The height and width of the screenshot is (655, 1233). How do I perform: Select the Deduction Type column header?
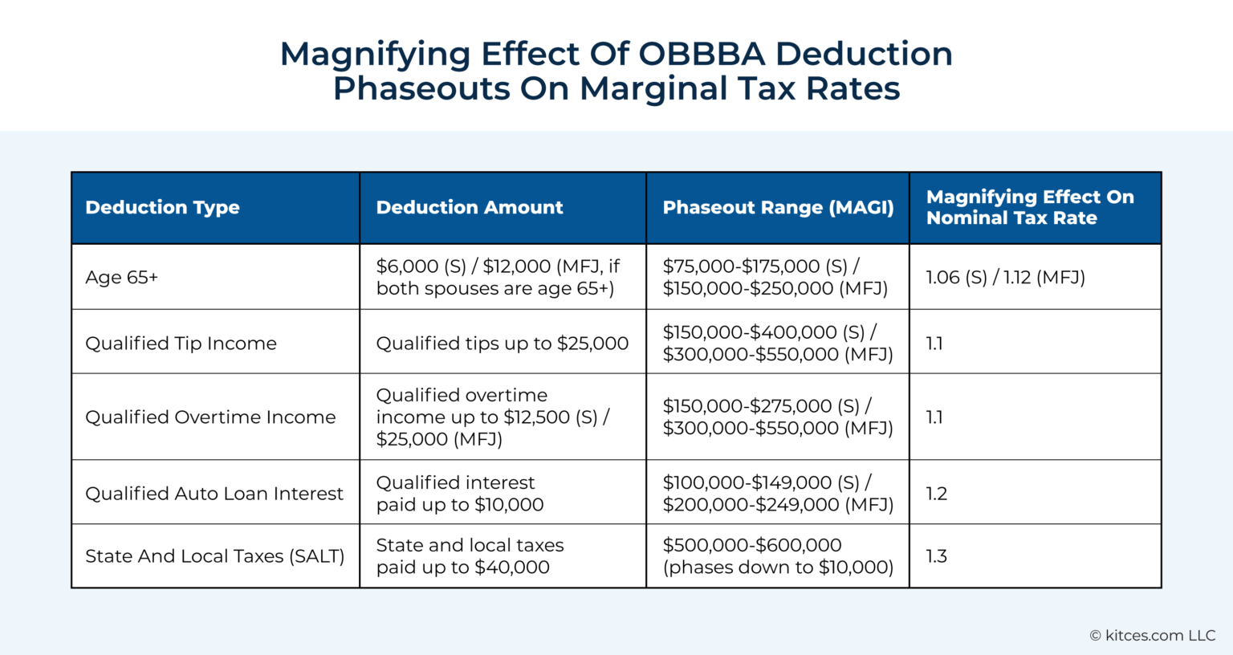(x=162, y=207)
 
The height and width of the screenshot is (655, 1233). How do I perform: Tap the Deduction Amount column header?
(x=470, y=207)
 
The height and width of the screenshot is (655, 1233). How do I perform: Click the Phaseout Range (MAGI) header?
(x=778, y=207)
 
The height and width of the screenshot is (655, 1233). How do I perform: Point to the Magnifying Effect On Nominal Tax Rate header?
(x=1030, y=207)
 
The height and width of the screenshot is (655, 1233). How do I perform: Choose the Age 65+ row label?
(x=122, y=278)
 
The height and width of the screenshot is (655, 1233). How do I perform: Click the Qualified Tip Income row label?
(x=181, y=344)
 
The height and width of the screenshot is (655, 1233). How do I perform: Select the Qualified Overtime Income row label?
(x=210, y=417)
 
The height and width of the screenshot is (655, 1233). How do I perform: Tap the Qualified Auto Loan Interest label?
(x=214, y=494)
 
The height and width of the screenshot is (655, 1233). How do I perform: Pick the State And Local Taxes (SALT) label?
(x=214, y=556)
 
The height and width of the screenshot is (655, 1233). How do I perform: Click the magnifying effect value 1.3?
(x=936, y=556)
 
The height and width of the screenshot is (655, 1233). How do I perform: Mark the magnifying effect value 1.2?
(x=936, y=494)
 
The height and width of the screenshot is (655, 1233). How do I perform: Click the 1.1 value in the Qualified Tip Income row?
(x=934, y=344)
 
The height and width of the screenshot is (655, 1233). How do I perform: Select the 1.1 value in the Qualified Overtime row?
(x=934, y=417)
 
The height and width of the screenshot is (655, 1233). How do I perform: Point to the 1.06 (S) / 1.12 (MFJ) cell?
(x=1005, y=278)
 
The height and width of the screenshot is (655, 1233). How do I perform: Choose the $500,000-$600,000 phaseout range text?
(x=751, y=546)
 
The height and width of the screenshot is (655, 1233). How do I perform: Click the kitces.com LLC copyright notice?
(x=1152, y=636)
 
